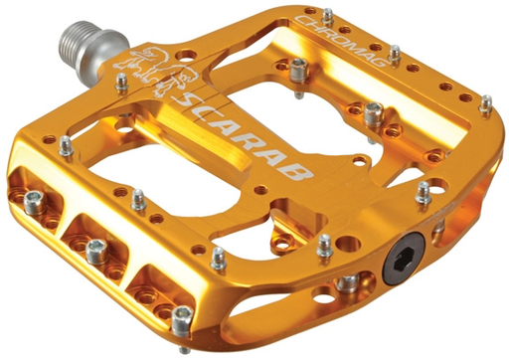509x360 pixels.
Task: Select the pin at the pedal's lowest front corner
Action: coord(181,320)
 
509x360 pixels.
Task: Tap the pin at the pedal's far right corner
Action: coord(487,102)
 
